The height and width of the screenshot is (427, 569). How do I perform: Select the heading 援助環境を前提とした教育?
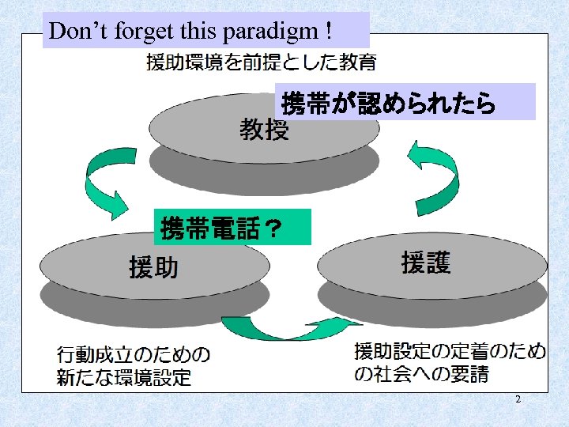click(x=261, y=62)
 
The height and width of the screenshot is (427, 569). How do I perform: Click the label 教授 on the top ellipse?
click(x=264, y=129)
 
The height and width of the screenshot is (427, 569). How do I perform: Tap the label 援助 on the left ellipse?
click(x=153, y=268)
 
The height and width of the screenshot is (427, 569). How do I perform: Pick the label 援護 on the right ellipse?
click(x=426, y=263)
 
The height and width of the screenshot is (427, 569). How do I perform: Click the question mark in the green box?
click(x=271, y=229)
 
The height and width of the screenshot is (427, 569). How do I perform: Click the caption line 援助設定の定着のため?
click(x=450, y=351)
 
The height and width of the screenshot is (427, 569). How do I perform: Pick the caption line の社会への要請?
click(x=421, y=374)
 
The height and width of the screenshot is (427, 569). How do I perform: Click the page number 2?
click(x=518, y=400)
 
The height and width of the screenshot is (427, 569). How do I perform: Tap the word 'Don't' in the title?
click(x=76, y=32)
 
